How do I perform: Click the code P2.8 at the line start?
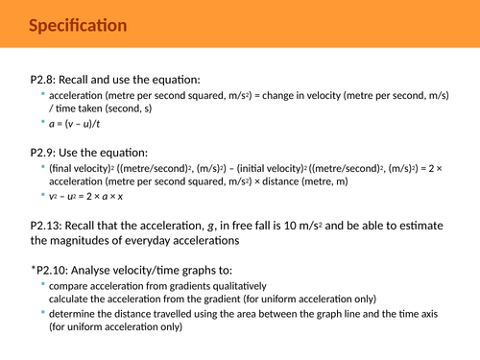pyautogui.click(x=45, y=80)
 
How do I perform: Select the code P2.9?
pyautogui.click(x=45, y=153)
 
